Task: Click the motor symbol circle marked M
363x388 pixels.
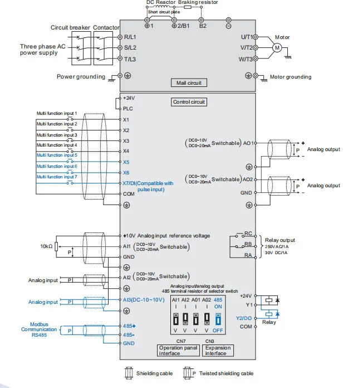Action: tap(276, 47)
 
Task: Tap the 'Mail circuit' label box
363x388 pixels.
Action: tap(188, 83)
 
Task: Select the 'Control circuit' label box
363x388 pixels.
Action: tap(189, 102)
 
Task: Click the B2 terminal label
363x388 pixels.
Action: tap(203, 26)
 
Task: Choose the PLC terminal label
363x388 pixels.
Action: tap(128, 109)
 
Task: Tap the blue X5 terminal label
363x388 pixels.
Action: tap(126, 162)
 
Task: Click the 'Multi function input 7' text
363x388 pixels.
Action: tap(57, 177)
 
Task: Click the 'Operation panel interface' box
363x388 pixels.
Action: tap(178, 350)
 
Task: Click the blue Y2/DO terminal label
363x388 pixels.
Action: tap(244, 317)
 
